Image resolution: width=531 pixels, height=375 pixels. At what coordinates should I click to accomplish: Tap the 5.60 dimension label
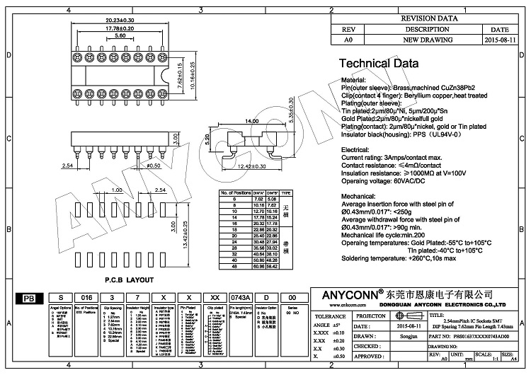[120, 35]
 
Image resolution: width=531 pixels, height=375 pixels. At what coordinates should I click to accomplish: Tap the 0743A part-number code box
[240, 298]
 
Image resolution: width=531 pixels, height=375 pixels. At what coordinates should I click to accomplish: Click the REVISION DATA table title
[430, 20]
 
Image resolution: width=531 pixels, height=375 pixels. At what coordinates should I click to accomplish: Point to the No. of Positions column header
[233, 192]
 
